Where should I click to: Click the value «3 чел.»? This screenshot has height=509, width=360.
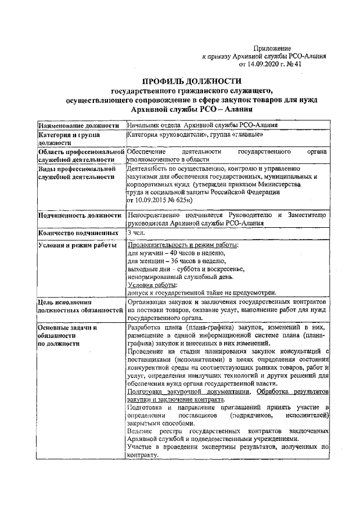pyautogui.click(x=136, y=232)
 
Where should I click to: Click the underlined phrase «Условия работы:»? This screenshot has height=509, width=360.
pyautogui.click(x=152, y=285)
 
